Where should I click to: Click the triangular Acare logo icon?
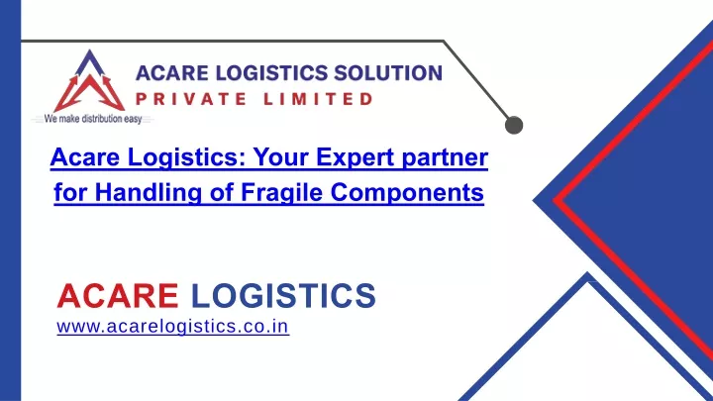pyautogui.click(x=89, y=81)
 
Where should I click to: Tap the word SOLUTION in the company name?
pyautogui.click(x=388, y=73)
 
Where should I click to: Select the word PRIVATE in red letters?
pyautogui.click(x=191, y=99)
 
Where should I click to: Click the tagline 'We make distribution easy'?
pyautogui.click(x=93, y=119)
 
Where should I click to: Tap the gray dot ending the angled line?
pyautogui.click(x=514, y=125)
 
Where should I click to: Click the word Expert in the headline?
pyautogui.click(x=355, y=157)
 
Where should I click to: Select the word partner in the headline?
pyautogui.click(x=445, y=158)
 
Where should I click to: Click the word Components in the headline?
pyautogui.click(x=407, y=193)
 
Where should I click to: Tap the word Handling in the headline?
pyautogui.click(x=148, y=193)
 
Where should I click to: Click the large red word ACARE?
pyautogui.click(x=118, y=295)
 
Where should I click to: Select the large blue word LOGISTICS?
pyautogui.click(x=283, y=295)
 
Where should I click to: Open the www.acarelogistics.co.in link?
pyautogui.click(x=172, y=327)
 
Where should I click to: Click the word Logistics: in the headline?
pyautogui.click(x=186, y=158)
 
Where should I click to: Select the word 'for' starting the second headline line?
pyautogui.click(x=70, y=192)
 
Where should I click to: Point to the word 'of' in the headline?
pyautogui.click(x=221, y=192)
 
